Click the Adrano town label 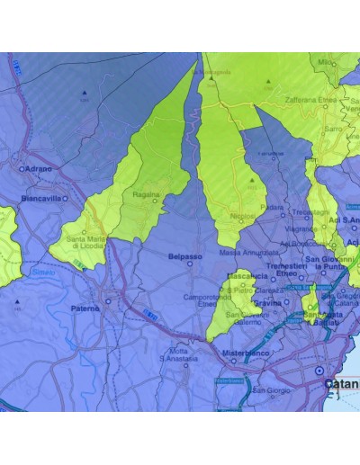(x=40, y=168)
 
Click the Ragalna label (x=146, y=193)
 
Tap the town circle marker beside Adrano (x=22, y=168)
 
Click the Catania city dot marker (x=318, y=371)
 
